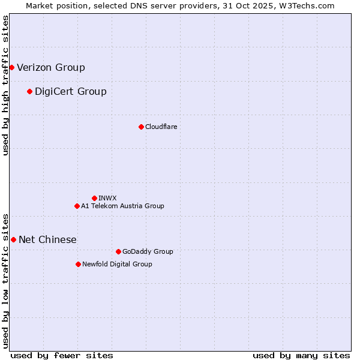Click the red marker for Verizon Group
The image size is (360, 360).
(11, 67)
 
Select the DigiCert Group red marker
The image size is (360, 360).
(29, 91)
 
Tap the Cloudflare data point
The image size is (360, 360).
(141, 127)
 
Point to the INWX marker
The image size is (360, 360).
(94, 198)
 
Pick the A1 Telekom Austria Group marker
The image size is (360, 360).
(77, 206)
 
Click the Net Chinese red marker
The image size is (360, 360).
(13, 239)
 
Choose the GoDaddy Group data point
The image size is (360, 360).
(118, 251)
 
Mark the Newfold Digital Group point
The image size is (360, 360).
(78, 264)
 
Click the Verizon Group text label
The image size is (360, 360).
(51, 67)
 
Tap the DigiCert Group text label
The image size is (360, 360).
(71, 91)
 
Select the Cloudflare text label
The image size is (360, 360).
(161, 127)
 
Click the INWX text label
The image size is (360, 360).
(107, 198)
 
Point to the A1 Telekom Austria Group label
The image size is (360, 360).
(122, 206)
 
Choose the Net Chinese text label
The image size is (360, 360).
(48, 239)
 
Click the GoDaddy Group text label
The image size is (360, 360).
(148, 251)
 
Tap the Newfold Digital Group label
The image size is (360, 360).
(117, 264)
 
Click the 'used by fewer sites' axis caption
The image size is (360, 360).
(62, 355)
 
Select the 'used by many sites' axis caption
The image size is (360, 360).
(301, 355)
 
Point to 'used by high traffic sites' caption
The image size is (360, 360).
(5, 85)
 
